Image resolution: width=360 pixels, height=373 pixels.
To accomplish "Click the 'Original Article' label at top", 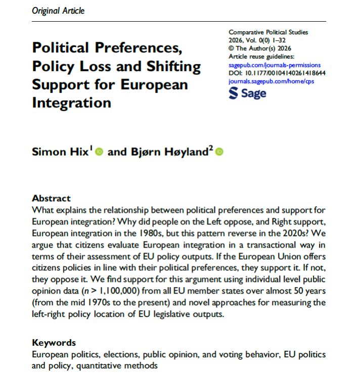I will tap(58, 11).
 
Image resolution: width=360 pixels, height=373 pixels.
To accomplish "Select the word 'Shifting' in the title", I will tap(172, 67).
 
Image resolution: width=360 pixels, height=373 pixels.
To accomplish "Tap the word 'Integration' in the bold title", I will tap(71, 103).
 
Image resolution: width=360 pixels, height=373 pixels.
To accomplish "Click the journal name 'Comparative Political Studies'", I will tap(268, 32).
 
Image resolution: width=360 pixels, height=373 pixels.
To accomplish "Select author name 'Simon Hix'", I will tap(61, 152).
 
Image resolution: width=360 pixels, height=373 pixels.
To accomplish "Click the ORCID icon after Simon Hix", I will tap(99, 152).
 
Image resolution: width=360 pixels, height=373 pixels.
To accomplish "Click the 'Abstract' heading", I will tap(51, 198).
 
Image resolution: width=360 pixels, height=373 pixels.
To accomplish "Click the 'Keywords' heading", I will tap(54, 343).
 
